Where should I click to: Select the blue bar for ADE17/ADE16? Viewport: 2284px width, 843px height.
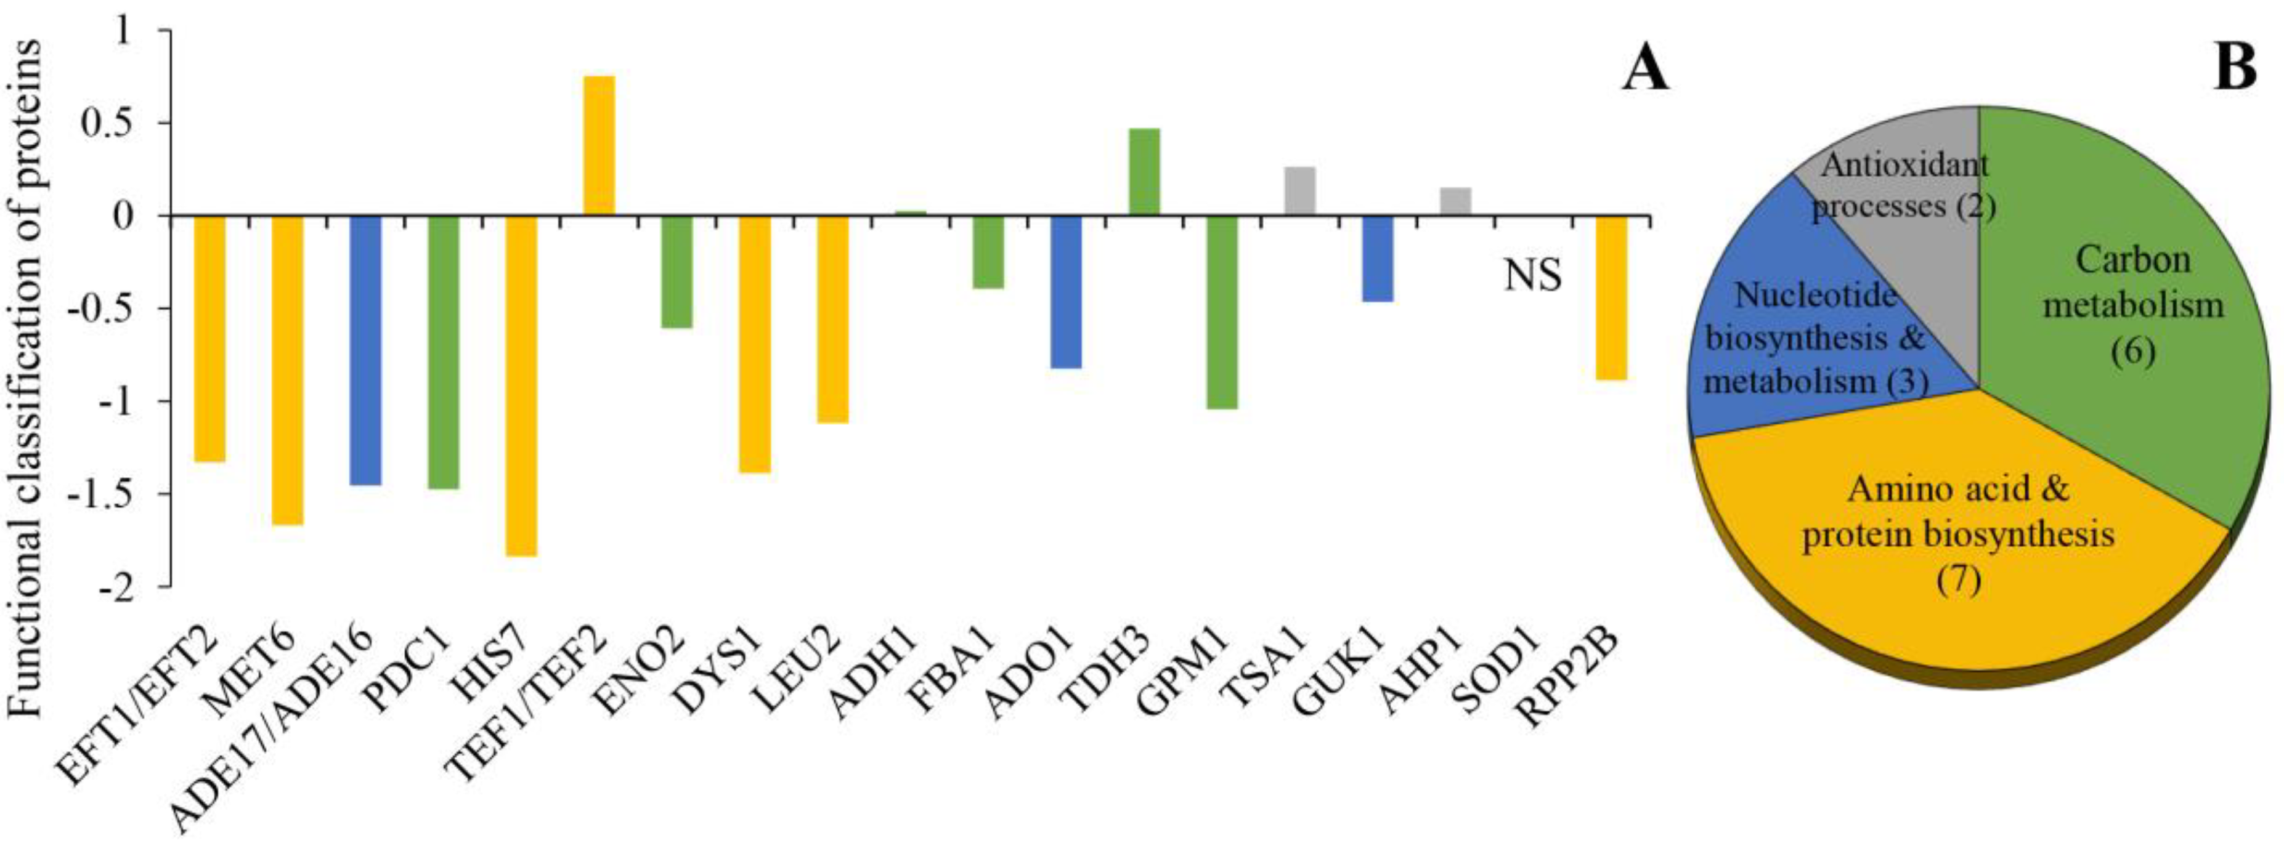[365, 350]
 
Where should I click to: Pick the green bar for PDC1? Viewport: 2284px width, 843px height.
[444, 352]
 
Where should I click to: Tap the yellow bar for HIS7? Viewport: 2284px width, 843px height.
[521, 385]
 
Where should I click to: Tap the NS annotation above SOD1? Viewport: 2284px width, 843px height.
[1532, 276]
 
